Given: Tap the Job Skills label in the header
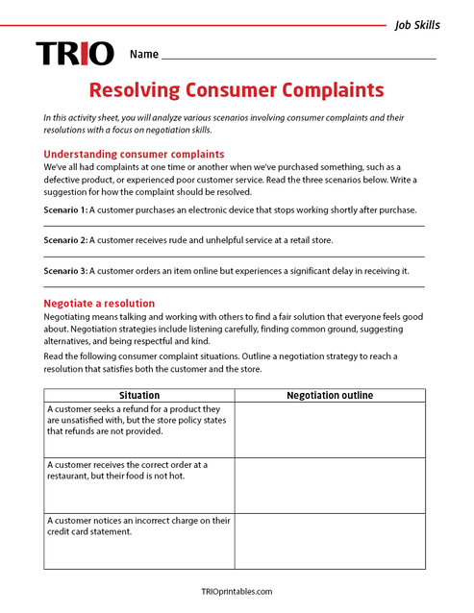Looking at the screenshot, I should (x=417, y=25).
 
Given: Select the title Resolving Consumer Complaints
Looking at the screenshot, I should (x=237, y=90).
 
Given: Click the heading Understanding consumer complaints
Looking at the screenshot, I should (x=134, y=154).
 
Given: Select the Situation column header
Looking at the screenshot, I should (x=139, y=395).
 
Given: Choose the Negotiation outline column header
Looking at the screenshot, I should (x=330, y=395).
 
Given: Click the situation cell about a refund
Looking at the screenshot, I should (x=139, y=420).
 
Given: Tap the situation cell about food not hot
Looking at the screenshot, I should (x=139, y=471).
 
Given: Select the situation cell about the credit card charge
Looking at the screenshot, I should (x=139, y=527).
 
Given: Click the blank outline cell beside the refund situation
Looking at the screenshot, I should (x=330, y=429).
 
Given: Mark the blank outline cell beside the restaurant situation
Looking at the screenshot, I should (x=330, y=485).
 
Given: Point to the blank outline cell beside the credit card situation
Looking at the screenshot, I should (x=330, y=541).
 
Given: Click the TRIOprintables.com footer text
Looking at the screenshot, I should (x=237, y=592).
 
